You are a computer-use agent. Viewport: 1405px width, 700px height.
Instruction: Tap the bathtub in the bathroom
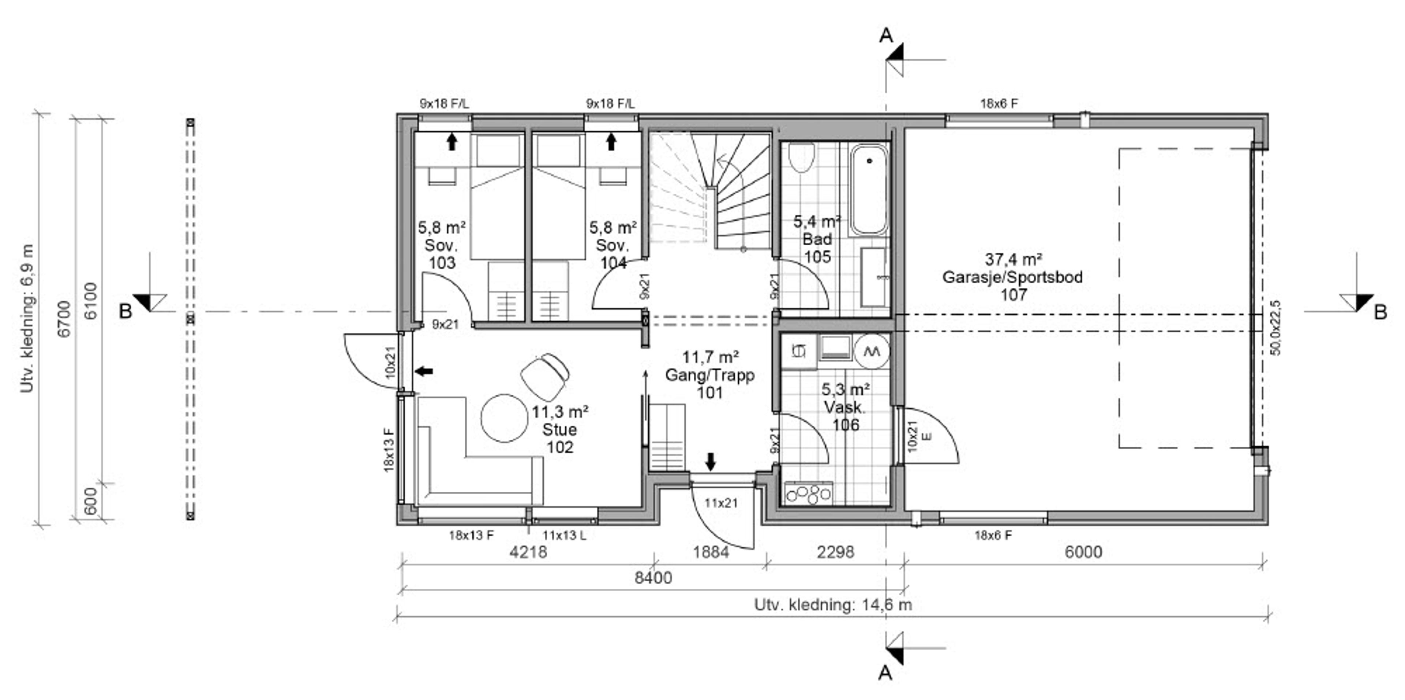coord(869,190)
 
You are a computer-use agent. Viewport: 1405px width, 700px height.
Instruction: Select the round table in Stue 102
coord(504,418)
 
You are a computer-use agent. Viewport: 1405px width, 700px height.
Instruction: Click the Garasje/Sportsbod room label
coord(1012,277)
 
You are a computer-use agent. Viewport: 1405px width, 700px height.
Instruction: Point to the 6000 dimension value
coord(1083,552)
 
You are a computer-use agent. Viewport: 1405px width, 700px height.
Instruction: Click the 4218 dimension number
coord(528,552)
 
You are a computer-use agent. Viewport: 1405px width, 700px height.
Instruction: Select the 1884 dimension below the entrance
coord(711,552)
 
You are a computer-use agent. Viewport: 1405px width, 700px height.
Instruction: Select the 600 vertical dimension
coord(90,501)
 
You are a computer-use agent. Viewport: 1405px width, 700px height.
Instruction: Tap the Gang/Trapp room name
coord(709,375)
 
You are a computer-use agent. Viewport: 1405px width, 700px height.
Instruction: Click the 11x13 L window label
coord(564,535)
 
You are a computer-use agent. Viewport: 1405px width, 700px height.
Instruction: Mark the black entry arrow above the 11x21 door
coord(710,462)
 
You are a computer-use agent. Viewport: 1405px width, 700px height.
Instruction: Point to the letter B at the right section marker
coord(1380,312)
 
